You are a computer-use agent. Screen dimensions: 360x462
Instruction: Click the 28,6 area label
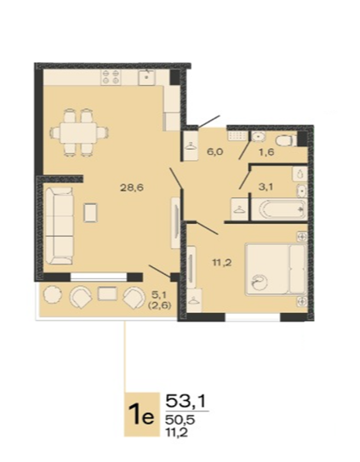tap(132, 187)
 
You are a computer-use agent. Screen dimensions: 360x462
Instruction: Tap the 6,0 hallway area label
tap(216, 152)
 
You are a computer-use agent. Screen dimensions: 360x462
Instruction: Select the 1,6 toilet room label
tap(267, 152)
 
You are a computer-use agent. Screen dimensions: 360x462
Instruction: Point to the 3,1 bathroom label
tap(266, 187)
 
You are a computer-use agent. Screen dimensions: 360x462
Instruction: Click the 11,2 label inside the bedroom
tap(222, 262)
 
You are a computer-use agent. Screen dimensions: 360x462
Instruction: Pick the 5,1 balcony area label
tap(158, 294)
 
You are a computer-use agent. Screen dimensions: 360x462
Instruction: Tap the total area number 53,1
tap(186, 401)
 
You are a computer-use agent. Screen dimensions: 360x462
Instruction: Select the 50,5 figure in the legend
tap(180, 419)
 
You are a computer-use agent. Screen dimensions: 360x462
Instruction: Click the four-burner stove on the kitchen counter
tap(111, 77)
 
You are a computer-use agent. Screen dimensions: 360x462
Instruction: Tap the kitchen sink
tap(146, 77)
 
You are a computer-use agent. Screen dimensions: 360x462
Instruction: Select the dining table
tap(78, 133)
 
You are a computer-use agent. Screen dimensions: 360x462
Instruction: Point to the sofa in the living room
tap(60, 226)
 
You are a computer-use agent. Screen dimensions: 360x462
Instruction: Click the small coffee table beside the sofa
tap(91, 212)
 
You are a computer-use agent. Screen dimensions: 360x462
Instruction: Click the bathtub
tap(282, 209)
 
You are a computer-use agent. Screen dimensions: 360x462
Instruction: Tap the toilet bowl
tap(285, 141)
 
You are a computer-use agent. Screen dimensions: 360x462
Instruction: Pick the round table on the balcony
tap(52, 294)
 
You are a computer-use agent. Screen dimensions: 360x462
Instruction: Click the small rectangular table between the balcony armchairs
tap(107, 294)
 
